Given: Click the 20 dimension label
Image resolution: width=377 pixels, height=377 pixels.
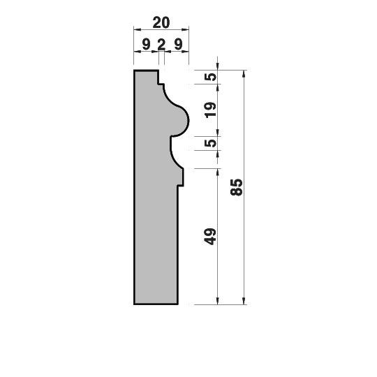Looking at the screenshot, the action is coord(161,22).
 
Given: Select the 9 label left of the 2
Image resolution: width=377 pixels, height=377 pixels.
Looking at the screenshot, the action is coord(146,44).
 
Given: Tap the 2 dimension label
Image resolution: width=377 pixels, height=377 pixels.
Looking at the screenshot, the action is coord(161,44).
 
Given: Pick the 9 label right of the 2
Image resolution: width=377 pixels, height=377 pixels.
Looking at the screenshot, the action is coord(178,44).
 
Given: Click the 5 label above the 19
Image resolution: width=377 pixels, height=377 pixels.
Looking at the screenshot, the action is coord(210,77).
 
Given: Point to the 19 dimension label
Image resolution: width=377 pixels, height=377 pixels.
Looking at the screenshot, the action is coord(210,110).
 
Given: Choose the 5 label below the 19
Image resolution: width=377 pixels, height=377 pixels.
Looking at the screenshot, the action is coord(210,143).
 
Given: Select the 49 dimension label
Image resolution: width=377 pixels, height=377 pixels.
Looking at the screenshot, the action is coord(210,237).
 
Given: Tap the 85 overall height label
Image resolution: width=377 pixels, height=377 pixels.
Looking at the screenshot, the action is coord(237,187).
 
